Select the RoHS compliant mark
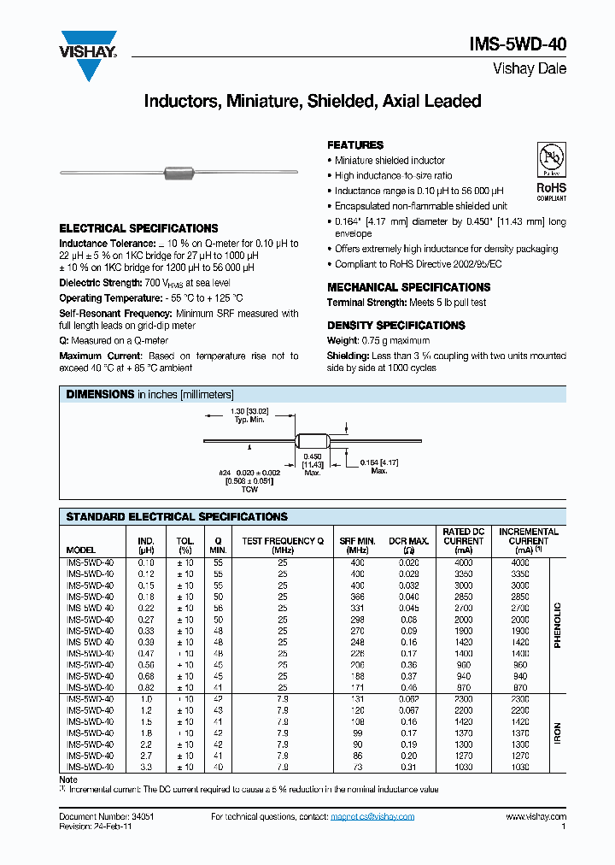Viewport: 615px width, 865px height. [550, 190]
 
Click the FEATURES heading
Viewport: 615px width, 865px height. [355, 145]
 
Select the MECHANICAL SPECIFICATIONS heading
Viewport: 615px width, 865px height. [408, 287]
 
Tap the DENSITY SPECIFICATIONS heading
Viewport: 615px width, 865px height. [395, 326]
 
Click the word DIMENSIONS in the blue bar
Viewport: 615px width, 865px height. [101, 394]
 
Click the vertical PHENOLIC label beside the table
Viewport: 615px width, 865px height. [557, 625]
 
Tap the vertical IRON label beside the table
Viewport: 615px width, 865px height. [557, 732]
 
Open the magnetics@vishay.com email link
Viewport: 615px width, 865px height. [373, 817]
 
